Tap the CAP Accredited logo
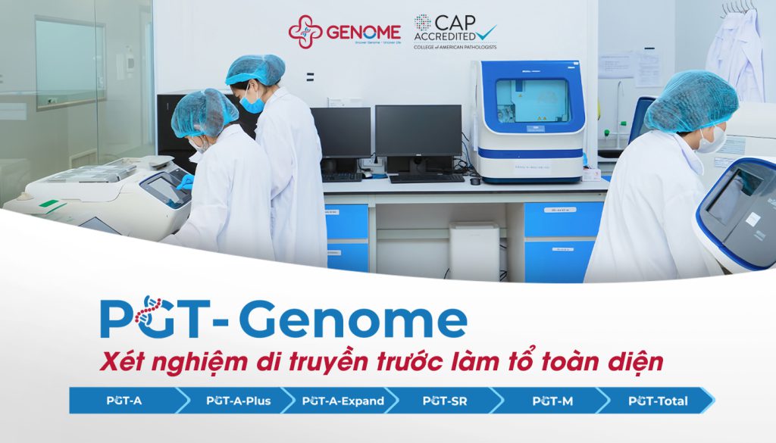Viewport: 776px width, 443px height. (x=455, y=31)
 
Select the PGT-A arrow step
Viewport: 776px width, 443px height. (x=124, y=401)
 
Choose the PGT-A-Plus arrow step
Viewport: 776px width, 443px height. (x=238, y=401)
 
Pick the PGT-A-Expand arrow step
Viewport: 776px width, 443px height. (x=343, y=401)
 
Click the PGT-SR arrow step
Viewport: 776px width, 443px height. (x=445, y=401)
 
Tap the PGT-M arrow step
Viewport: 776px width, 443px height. (x=552, y=401)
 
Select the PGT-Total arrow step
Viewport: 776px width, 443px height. (x=657, y=401)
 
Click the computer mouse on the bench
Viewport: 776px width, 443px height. (x=474, y=181)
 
